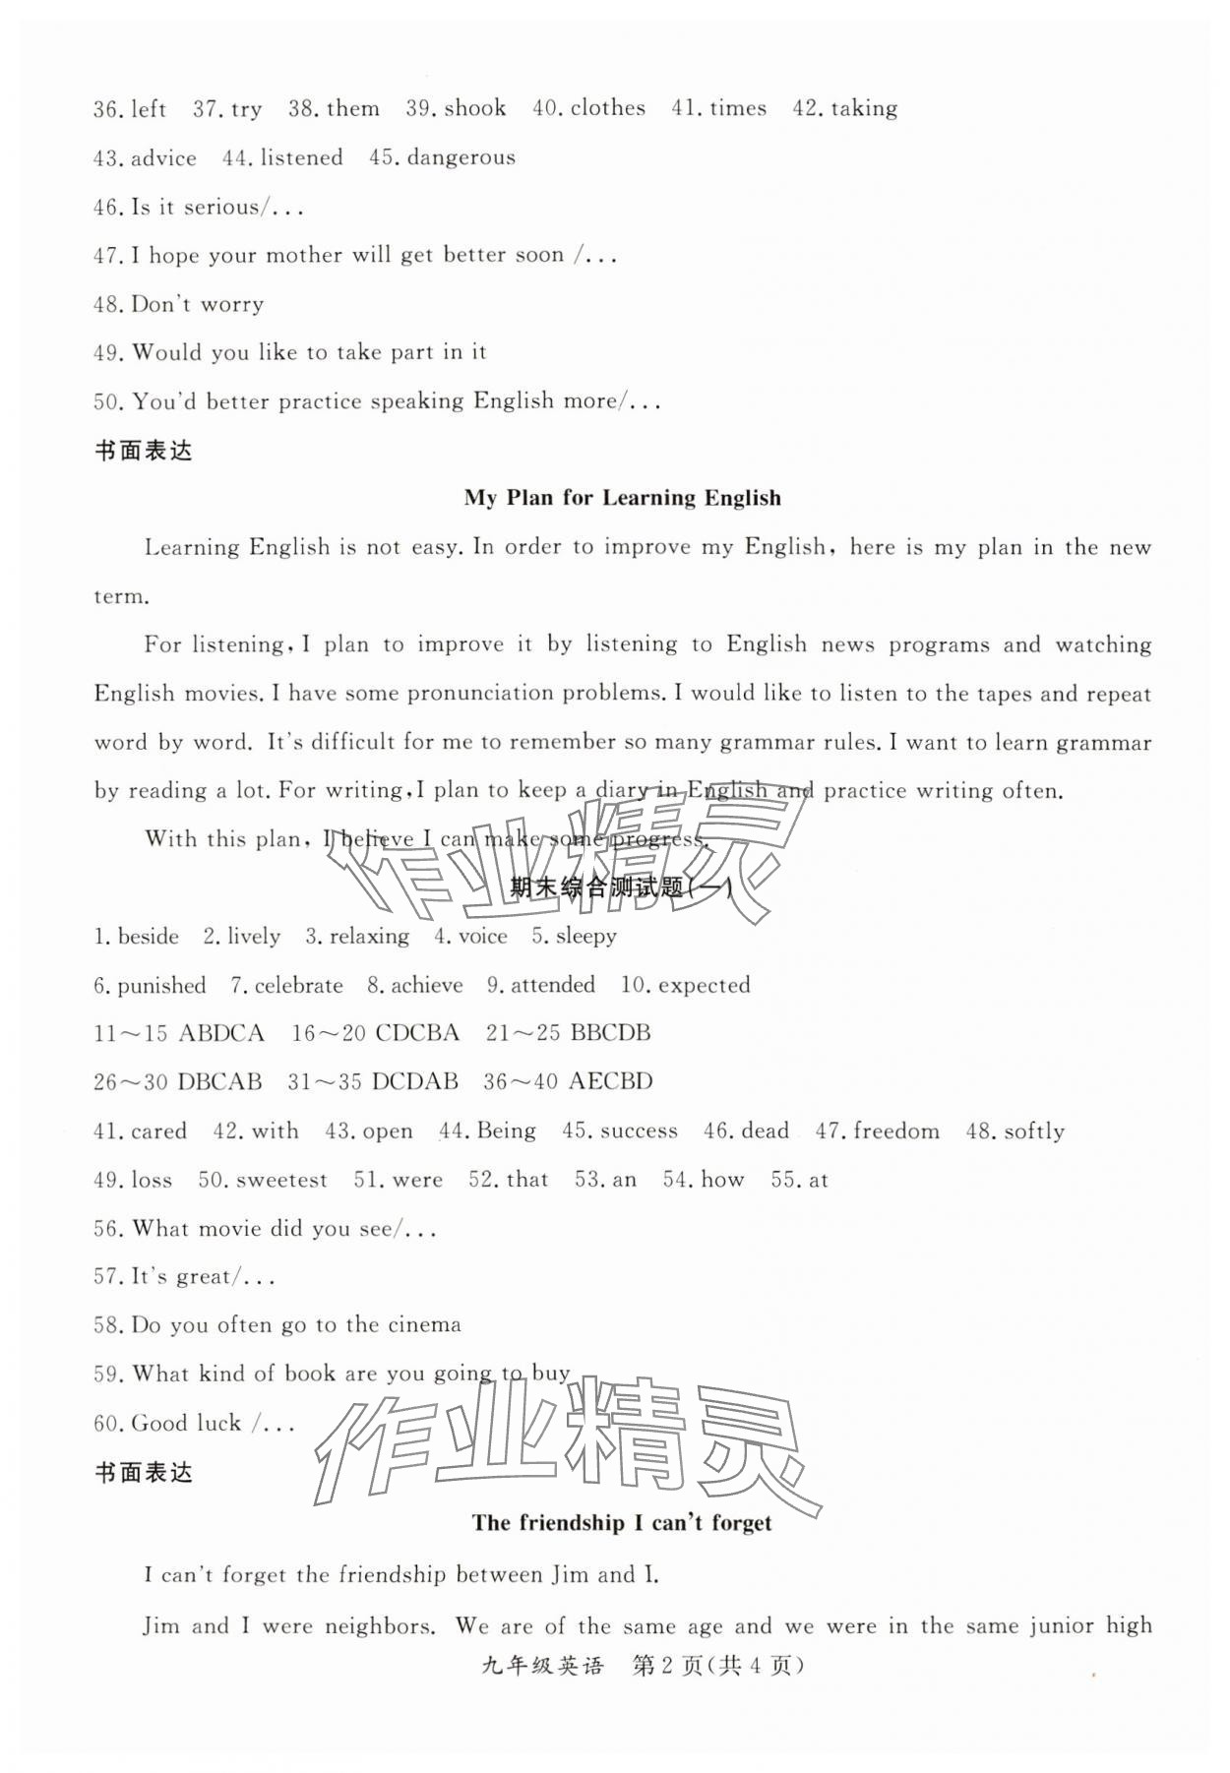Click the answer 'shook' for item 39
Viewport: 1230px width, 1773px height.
pos(475,108)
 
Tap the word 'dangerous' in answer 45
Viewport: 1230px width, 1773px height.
pos(461,157)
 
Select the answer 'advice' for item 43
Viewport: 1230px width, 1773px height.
pos(163,157)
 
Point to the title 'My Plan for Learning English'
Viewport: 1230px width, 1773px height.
pos(622,498)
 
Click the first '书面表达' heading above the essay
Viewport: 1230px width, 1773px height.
pos(143,451)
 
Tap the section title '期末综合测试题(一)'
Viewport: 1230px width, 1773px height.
pos(621,887)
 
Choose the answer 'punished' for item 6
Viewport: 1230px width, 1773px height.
pos(161,985)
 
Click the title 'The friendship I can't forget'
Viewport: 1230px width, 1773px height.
pos(622,1523)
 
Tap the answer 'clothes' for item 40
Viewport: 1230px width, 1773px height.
pos(607,108)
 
